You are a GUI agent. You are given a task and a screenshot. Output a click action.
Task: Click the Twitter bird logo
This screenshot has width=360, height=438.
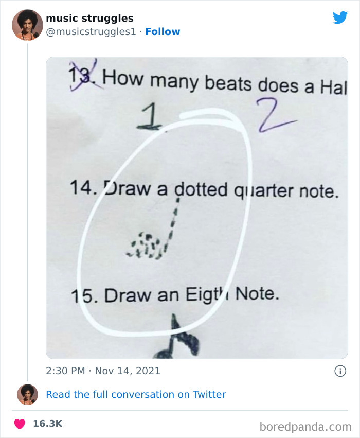tap(340, 17)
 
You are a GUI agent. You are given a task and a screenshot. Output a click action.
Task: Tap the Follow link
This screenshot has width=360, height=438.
tap(163, 31)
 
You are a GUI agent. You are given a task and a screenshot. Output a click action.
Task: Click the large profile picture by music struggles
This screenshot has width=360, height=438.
tap(27, 24)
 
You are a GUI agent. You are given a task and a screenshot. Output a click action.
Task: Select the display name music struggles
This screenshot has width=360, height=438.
tap(89, 19)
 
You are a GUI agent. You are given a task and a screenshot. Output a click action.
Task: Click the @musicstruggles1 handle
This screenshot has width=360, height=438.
tap(91, 31)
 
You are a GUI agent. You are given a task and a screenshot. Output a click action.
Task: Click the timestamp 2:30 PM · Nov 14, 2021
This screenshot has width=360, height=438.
tap(103, 370)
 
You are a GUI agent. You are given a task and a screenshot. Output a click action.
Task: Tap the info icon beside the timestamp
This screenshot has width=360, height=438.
tap(339, 370)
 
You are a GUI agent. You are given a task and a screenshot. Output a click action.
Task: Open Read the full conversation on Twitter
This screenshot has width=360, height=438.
tap(136, 394)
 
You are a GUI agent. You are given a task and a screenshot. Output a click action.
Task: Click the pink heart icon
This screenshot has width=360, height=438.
tap(20, 424)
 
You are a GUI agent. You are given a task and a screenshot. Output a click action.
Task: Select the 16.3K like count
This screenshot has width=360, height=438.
tap(47, 424)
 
